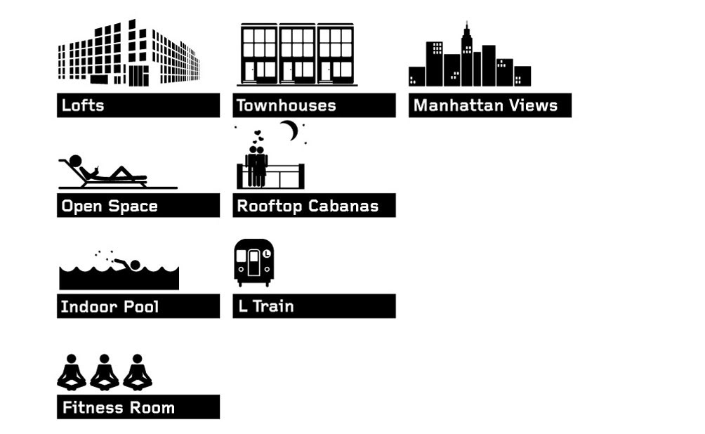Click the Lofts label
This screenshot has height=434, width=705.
click(83, 105)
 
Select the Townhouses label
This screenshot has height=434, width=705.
click(286, 105)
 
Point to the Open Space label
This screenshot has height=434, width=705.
click(110, 206)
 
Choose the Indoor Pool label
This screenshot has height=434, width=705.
click(110, 307)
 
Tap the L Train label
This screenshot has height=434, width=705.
click(265, 306)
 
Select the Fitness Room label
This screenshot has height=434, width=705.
click(118, 407)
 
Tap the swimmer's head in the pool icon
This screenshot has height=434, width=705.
click(135, 265)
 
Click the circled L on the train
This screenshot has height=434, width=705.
click(267, 254)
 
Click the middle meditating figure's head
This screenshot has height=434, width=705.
click(105, 359)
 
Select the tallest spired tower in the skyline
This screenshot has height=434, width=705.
click(467, 54)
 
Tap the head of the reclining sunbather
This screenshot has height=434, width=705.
click(75, 161)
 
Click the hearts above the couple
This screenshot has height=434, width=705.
click(257, 136)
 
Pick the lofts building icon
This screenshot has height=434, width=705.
click(129, 53)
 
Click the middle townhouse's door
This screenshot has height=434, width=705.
click(288, 71)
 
